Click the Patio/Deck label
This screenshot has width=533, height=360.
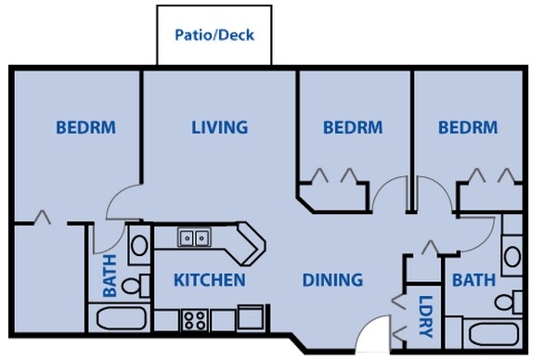click(x=214, y=35)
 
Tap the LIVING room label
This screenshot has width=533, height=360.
click(x=219, y=127)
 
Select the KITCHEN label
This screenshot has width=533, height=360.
click(x=210, y=279)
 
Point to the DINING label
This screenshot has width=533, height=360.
click(x=331, y=279)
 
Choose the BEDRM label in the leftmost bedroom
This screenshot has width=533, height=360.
click(x=85, y=127)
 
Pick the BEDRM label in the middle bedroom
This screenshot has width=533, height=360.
click(x=353, y=127)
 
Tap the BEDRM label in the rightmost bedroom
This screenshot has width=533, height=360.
click(x=468, y=127)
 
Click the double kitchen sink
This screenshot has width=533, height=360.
click(x=194, y=238)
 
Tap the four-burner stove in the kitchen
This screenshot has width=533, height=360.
click(x=194, y=321)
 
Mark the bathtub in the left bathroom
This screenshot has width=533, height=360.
click(x=122, y=321)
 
